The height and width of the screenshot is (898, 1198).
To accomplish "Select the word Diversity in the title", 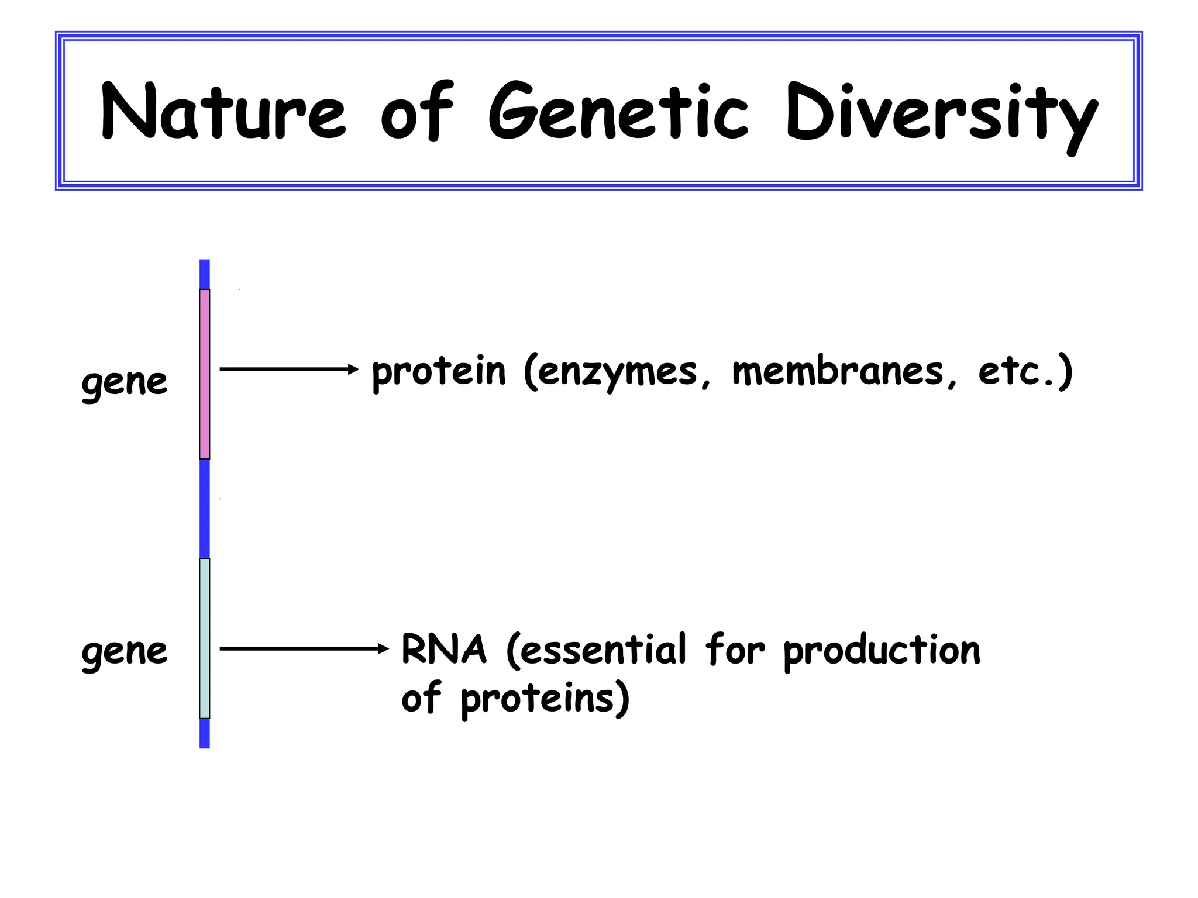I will click(x=942, y=114).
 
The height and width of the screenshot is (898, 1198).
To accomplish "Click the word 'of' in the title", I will click(x=417, y=111).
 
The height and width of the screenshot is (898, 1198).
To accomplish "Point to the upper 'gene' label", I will click(x=125, y=383).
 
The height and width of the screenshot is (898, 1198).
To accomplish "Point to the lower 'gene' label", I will click(x=125, y=652).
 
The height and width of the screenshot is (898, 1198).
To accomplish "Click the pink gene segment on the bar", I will click(x=205, y=374).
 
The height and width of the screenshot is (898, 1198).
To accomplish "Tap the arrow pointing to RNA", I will click(x=304, y=648).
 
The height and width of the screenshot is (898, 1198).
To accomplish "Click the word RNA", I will click(x=444, y=650).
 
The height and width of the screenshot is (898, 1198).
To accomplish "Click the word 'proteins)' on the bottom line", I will click(x=545, y=699).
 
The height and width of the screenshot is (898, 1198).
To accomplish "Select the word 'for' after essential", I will click(x=735, y=650).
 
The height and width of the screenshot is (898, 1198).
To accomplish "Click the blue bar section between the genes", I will click(x=205, y=509).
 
